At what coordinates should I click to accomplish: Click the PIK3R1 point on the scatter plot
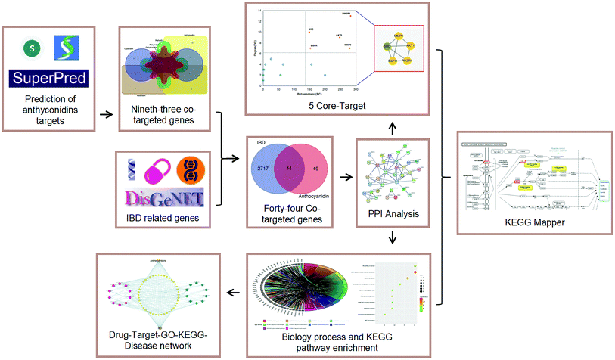click(x=346, y=14)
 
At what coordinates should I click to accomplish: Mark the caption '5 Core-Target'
click(x=343, y=106)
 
